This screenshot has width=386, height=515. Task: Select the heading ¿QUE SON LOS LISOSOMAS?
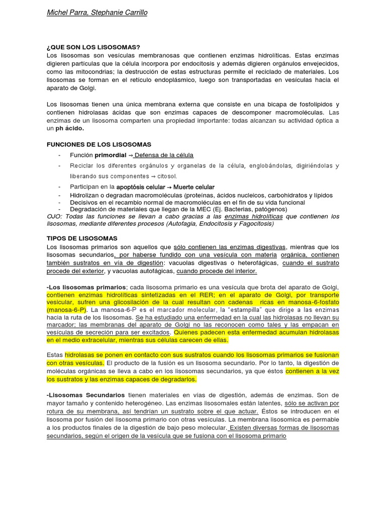(x=93, y=47)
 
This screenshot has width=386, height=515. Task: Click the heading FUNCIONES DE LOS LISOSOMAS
(x=99, y=144)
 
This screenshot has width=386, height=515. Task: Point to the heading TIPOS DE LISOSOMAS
(x=82, y=238)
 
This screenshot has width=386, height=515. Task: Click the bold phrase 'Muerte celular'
(x=194, y=187)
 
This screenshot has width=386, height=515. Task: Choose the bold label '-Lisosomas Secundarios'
(x=85, y=396)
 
